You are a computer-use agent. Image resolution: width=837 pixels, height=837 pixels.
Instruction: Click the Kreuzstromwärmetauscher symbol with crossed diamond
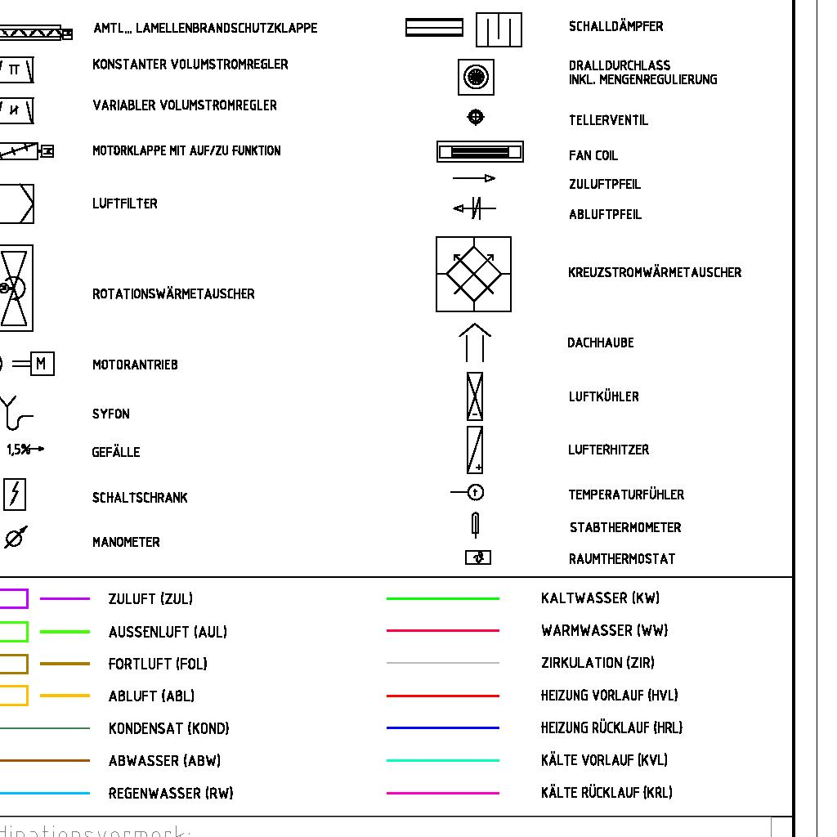[473, 275]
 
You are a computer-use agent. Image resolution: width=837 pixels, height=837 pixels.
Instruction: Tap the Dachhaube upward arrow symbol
[474, 342]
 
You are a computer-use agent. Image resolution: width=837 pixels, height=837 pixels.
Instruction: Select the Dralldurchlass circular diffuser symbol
[475, 78]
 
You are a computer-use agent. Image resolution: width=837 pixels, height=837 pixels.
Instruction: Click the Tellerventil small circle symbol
[476, 117]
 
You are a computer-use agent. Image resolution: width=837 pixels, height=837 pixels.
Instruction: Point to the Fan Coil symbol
[480, 152]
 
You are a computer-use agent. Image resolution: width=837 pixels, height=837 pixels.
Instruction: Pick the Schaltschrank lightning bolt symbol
[15, 495]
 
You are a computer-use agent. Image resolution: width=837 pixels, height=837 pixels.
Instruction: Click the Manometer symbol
[15, 537]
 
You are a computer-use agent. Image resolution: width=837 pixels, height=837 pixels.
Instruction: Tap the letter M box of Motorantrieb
[42, 365]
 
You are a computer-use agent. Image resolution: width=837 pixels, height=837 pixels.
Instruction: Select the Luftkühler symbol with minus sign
[474, 396]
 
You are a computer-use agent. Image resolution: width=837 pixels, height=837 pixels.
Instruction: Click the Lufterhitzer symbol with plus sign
[474, 450]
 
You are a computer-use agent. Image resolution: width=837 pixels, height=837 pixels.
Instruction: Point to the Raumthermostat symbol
[478, 557]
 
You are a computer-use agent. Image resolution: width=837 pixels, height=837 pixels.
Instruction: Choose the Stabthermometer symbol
[475, 524]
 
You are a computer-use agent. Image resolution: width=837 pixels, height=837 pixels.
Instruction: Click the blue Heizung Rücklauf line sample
[442, 727]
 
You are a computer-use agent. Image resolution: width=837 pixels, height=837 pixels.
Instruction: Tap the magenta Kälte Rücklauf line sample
[442, 793]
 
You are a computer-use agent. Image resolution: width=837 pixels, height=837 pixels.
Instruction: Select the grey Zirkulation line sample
[442, 663]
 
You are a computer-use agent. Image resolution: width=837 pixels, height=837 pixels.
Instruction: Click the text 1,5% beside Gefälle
[20, 450]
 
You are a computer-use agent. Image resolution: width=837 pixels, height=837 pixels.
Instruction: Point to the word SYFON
[110, 414]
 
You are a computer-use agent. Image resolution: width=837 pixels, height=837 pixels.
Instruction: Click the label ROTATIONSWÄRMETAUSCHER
[173, 294]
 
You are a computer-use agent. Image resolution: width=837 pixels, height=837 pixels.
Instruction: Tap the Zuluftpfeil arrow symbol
[474, 178]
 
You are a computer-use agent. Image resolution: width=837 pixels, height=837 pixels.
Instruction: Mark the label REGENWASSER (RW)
[171, 793]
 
